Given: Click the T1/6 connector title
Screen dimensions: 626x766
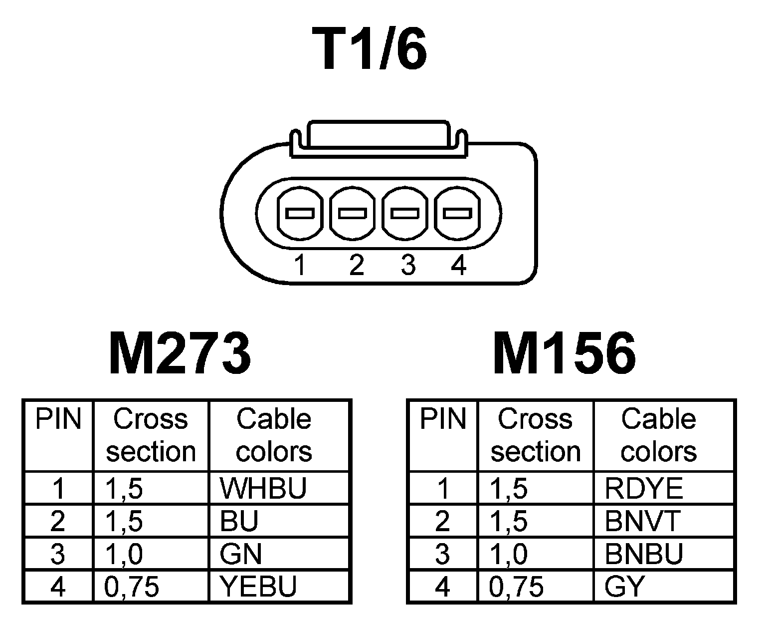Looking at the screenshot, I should [370, 49].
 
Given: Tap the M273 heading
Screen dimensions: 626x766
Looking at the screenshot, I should [180, 353].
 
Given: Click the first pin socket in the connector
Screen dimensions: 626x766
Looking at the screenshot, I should [299, 214].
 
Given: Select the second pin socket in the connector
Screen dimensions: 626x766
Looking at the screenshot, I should [353, 214].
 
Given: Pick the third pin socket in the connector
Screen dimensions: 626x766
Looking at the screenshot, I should [404, 214].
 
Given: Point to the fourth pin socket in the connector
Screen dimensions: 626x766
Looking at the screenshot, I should [457, 214].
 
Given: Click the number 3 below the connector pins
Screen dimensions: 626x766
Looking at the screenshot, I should [408, 265].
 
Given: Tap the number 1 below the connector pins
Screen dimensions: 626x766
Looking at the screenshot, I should [300, 265].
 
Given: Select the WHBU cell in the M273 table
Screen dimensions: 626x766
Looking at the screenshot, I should [263, 488].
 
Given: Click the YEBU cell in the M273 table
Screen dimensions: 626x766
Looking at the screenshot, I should [258, 586].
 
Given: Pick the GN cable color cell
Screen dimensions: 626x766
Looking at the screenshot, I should [241, 554].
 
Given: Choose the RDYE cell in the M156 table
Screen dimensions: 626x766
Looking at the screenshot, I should [643, 488].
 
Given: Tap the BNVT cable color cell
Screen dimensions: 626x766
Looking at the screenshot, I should [642, 521].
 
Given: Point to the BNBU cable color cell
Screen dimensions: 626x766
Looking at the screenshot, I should [643, 554].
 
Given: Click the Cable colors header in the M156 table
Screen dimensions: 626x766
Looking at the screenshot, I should [658, 434].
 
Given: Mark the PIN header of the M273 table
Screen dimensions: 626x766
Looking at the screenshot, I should [58, 419].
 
